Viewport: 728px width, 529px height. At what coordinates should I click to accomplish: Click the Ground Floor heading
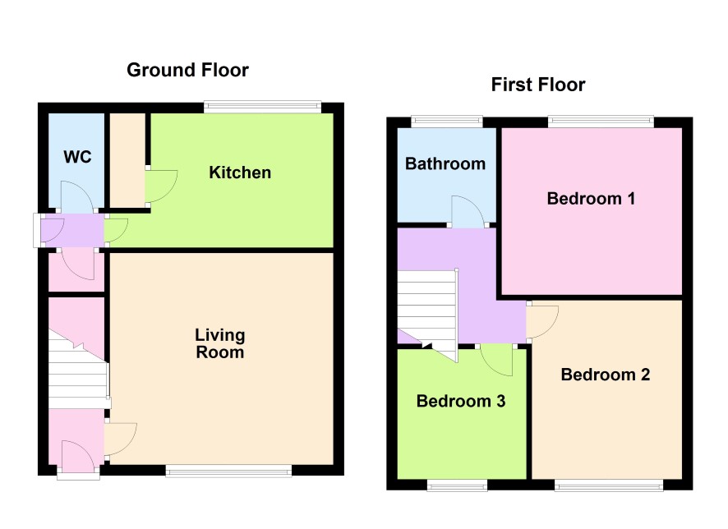tap(187, 70)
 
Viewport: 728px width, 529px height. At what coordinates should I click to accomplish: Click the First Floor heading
tap(538, 85)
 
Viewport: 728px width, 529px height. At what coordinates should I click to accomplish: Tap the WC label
tap(77, 157)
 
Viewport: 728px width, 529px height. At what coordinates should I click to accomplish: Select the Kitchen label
tap(240, 172)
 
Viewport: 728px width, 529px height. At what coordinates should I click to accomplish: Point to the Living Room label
tap(220, 343)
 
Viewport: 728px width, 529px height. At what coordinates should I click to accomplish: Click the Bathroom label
tap(445, 163)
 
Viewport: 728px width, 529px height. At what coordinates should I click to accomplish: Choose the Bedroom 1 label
tap(591, 199)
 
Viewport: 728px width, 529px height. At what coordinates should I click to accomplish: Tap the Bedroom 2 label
tap(606, 375)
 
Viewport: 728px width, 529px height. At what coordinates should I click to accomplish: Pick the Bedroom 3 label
tap(461, 401)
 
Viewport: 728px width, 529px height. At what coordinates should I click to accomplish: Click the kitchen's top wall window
tap(262, 107)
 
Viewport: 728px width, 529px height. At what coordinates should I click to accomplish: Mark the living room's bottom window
tap(229, 471)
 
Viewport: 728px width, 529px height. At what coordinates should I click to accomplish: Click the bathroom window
tap(447, 122)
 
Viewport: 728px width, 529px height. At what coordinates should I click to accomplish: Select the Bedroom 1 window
tap(601, 122)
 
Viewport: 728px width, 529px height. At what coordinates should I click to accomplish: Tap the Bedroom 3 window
tap(458, 485)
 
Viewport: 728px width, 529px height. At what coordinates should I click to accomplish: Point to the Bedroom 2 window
tap(609, 485)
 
